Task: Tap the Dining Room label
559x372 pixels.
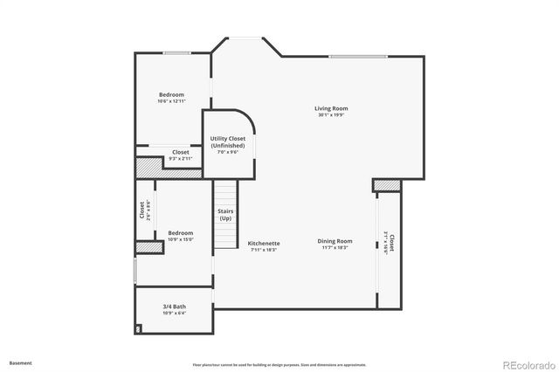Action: click(x=335, y=241)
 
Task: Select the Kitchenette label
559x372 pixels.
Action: click(x=263, y=243)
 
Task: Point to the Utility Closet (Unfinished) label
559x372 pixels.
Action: click(x=227, y=141)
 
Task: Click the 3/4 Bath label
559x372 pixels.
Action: click(x=174, y=307)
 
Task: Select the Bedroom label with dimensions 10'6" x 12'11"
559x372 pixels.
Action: click(x=171, y=94)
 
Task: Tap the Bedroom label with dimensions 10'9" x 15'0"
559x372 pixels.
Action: click(x=180, y=233)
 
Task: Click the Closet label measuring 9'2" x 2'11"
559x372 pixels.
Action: click(x=180, y=152)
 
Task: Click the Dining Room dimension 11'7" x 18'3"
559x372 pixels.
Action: click(x=335, y=248)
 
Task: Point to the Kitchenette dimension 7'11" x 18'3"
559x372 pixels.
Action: click(x=263, y=250)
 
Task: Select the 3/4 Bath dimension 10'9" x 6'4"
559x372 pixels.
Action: click(x=174, y=313)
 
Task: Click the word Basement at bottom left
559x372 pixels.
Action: click(x=21, y=362)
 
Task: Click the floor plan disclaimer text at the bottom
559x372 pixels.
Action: click(x=279, y=363)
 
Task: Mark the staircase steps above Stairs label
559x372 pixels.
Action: click(x=225, y=193)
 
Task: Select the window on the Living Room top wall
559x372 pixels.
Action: click(x=357, y=57)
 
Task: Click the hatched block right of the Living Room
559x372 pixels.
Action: click(x=386, y=185)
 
